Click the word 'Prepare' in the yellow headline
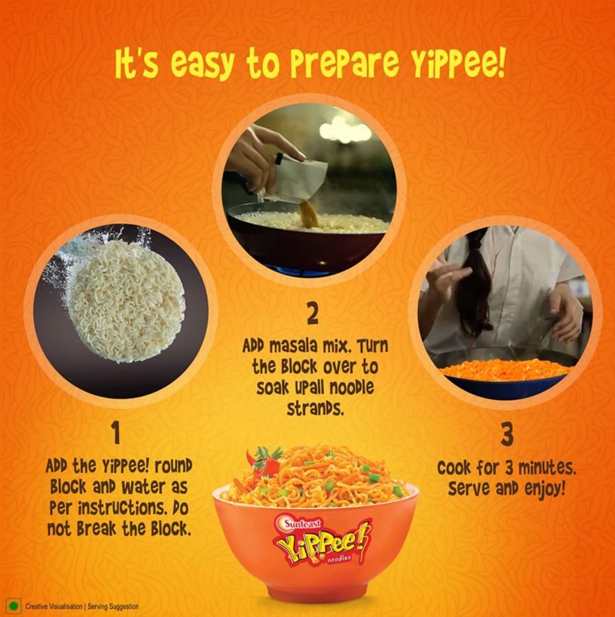[x=345, y=64]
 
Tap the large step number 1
[x=115, y=432]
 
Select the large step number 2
[x=312, y=314]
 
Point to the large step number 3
[x=507, y=435]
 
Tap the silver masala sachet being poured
[x=299, y=179]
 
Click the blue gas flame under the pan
[x=303, y=271]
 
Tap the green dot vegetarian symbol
[x=14, y=606]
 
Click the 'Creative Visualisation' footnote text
[x=54, y=607]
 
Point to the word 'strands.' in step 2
[x=315, y=409]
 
